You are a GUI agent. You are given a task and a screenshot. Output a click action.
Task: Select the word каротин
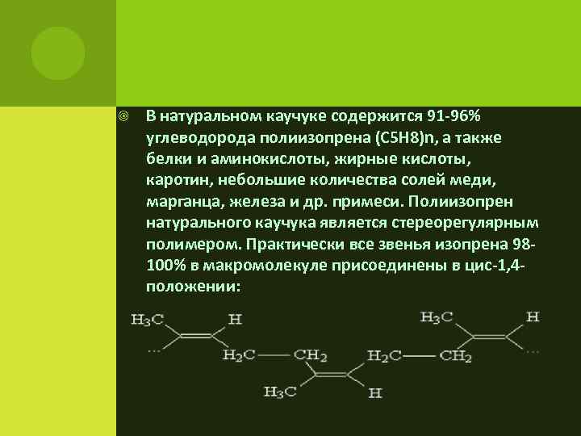click(x=173, y=179)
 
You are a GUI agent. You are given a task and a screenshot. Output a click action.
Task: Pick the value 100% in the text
click(x=165, y=264)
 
